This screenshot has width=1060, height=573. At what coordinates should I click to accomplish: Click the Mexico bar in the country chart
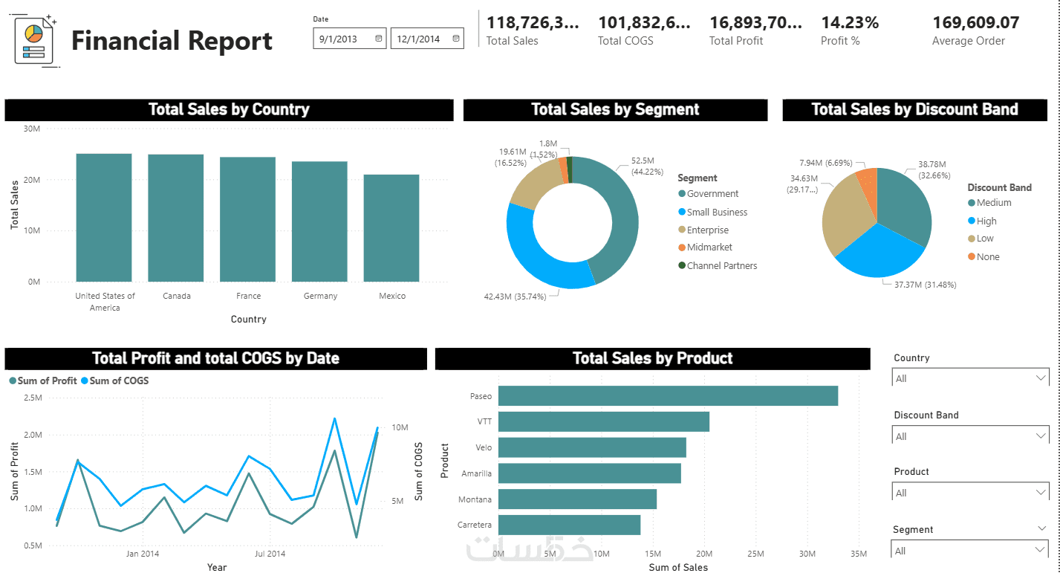click(x=391, y=228)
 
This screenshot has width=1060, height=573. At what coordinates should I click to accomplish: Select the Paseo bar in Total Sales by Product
click(x=668, y=396)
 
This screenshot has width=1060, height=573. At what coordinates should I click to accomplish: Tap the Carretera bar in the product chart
click(x=569, y=525)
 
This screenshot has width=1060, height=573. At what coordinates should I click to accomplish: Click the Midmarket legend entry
click(x=709, y=247)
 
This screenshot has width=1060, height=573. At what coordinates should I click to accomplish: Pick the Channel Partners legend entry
click(x=721, y=265)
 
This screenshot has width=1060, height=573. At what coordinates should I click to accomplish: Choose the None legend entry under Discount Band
click(x=987, y=257)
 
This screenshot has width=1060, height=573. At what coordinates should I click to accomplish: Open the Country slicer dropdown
click(x=969, y=378)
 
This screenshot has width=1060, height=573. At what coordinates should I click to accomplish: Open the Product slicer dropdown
click(x=969, y=493)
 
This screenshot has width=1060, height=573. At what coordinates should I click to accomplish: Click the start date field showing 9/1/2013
click(x=349, y=39)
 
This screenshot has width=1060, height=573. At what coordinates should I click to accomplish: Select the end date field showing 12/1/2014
click(x=426, y=39)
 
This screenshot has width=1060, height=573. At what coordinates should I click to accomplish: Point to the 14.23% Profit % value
click(x=850, y=23)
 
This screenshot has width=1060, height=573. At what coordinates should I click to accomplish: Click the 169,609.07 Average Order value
click(x=975, y=23)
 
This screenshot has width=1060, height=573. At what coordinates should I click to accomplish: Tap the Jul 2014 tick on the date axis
click(x=270, y=554)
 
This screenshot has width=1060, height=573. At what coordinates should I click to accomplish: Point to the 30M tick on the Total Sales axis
click(x=32, y=129)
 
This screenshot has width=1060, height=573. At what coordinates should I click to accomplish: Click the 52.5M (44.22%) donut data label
click(x=643, y=166)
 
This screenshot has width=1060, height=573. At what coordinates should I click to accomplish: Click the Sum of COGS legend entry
click(x=119, y=381)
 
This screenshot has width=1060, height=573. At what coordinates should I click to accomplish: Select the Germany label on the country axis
click(x=320, y=296)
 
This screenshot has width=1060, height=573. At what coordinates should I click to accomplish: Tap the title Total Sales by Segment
click(x=615, y=110)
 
